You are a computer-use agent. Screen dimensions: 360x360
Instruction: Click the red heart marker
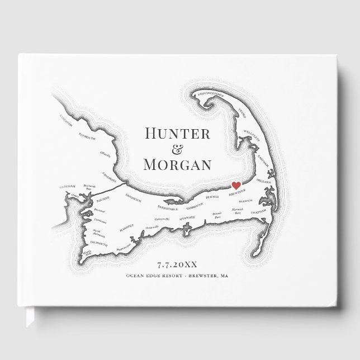point(236,185)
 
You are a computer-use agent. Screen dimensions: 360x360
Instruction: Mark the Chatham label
point(260,212)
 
